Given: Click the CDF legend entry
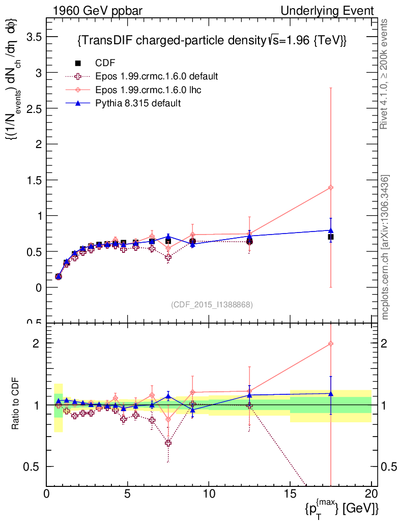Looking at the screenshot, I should pos(105,63).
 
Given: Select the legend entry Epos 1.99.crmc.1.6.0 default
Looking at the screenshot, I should pos(156,76).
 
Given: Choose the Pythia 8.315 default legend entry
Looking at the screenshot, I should pos(138,103).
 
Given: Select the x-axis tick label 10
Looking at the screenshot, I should pos(209,494).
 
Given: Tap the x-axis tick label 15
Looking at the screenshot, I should pos(290,494).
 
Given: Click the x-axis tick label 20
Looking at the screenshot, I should pos(372,494).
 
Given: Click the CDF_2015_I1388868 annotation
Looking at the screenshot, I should pos(212,304).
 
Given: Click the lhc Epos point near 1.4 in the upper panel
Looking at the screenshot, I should pos(331,188).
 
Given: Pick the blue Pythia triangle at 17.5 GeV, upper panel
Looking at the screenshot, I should pos(331,230).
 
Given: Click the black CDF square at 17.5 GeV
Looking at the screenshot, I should pos(331,237).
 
